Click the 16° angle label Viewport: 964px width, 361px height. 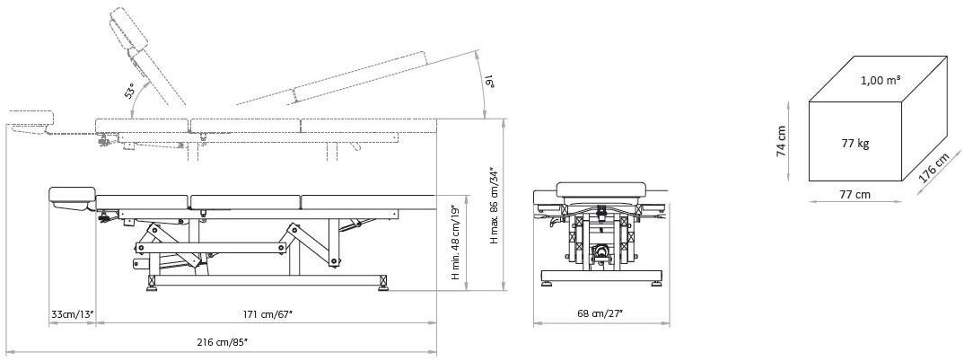490,80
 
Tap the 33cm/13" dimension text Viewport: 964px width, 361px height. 72,313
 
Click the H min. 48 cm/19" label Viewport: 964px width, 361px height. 456,242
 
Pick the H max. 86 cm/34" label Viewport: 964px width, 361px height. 494,207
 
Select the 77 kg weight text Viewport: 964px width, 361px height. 855,144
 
